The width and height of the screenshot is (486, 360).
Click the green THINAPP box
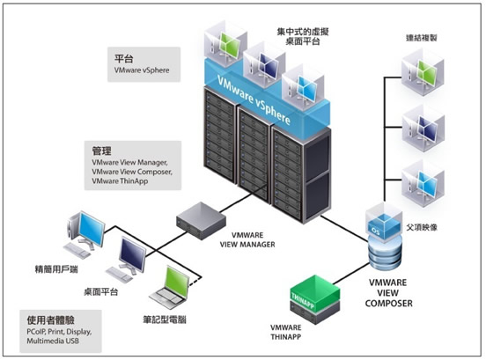coord(315,299)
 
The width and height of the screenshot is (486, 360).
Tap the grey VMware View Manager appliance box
coord(201,220)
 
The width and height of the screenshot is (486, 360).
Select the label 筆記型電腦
coord(165,320)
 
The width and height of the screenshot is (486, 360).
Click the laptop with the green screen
coord(170,287)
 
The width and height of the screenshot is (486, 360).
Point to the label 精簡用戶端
coord(56,269)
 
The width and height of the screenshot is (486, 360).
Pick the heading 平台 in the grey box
coord(123,59)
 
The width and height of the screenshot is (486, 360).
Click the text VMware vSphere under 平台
coord(142,70)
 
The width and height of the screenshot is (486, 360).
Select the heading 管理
coord(101,151)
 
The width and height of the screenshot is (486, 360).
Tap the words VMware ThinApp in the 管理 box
coord(120,181)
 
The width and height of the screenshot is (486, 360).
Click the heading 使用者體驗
coord(50,320)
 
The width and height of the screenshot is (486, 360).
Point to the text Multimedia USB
coord(53,341)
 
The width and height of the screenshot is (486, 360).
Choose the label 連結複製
coord(422,38)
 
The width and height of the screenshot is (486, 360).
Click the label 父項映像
coord(422,227)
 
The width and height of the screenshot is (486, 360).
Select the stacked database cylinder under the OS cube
coord(385,253)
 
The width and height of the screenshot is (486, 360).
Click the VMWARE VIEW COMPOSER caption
coord(388,293)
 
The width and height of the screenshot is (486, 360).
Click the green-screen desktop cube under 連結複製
coord(423,72)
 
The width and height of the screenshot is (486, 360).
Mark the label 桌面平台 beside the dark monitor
coord(101,291)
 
